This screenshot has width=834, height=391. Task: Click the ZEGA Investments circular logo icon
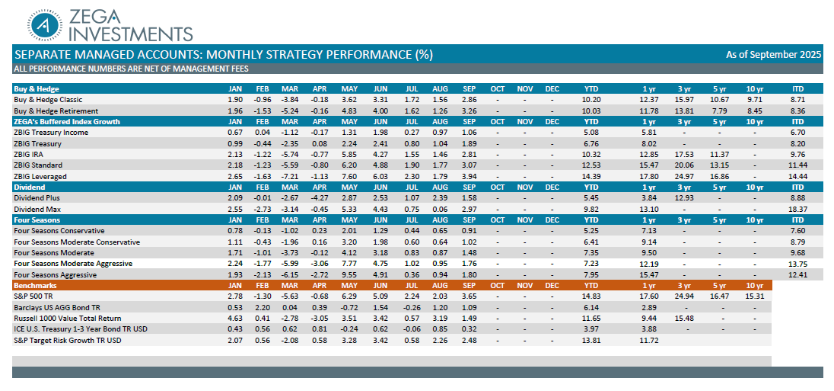(47, 24)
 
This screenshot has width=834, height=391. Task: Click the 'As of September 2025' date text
(773, 54)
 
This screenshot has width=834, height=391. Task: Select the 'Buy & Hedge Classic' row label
(48, 100)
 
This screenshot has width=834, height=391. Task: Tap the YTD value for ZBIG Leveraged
(591, 176)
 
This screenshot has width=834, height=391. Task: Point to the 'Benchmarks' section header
(35, 285)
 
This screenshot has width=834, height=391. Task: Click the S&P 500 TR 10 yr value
(755, 296)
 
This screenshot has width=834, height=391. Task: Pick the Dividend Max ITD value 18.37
(797, 209)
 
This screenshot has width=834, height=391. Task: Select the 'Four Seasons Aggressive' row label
(55, 274)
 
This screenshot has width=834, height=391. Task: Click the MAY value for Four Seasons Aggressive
(349, 274)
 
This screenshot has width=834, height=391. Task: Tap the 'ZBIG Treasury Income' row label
(51, 133)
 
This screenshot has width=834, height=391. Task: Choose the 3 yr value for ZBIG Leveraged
(684, 176)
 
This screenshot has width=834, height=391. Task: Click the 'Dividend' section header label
(30, 187)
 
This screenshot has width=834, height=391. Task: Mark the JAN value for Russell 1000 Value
(235, 318)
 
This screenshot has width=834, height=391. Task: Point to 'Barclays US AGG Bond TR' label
(58, 307)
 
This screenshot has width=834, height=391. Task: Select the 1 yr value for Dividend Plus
(649, 198)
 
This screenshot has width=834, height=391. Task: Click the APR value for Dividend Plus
(320, 198)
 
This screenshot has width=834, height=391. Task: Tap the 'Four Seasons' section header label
(37, 220)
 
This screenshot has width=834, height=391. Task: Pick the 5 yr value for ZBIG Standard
(719, 165)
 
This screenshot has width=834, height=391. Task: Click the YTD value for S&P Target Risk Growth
(591, 340)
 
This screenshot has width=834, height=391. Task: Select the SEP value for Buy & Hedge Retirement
(469, 111)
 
